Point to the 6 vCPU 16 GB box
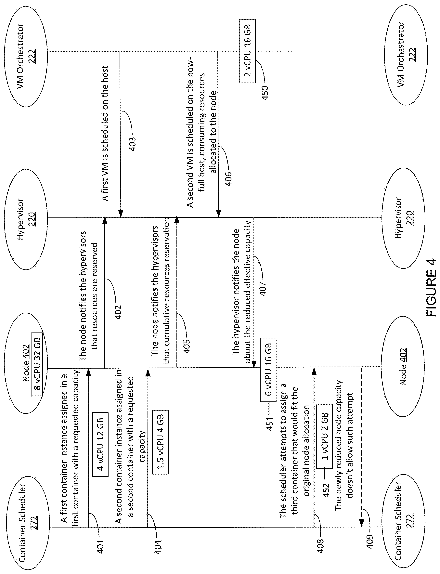(x=268, y=370)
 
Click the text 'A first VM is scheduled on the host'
(x=105, y=133)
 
